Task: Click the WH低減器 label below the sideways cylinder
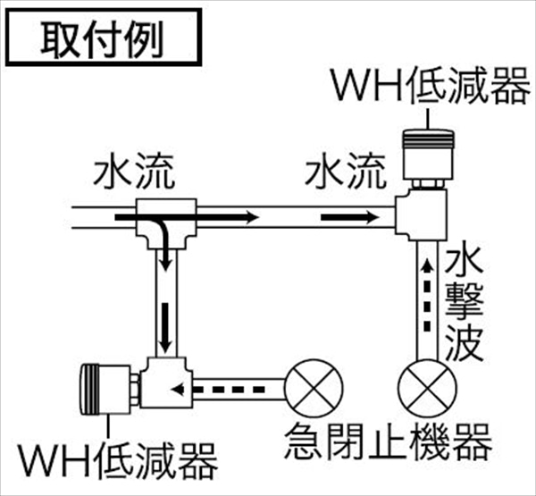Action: pos(121,463)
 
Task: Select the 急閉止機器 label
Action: pos(389,440)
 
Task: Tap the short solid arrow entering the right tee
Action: pos(348,217)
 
